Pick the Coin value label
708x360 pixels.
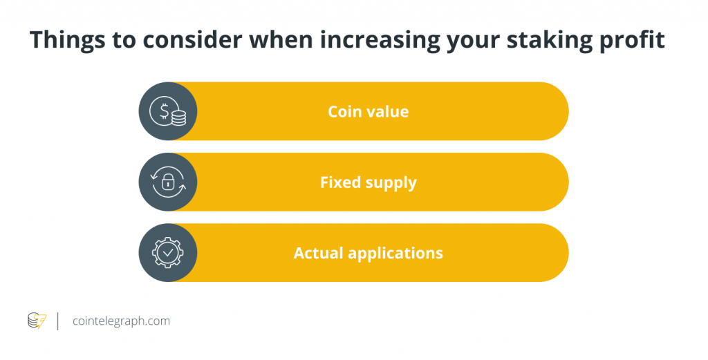[x=369, y=111]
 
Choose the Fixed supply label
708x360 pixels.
[x=369, y=182]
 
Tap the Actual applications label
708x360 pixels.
[x=369, y=253]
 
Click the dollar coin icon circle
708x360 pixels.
[x=168, y=111]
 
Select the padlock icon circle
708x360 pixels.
[x=168, y=182]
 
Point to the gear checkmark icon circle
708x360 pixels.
[x=168, y=253]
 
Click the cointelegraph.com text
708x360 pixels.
[x=121, y=321]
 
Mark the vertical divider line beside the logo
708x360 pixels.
[x=57, y=321]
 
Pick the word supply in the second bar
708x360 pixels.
[x=391, y=182]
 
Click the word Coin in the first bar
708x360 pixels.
[x=344, y=111]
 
